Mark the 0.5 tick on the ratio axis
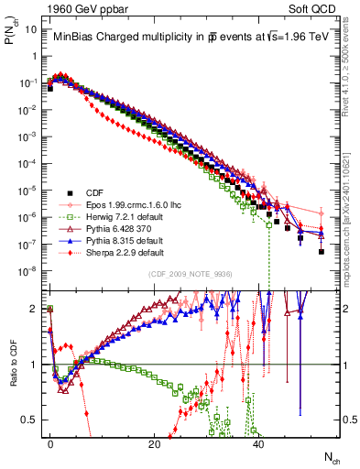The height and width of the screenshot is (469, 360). coord(33,420)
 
